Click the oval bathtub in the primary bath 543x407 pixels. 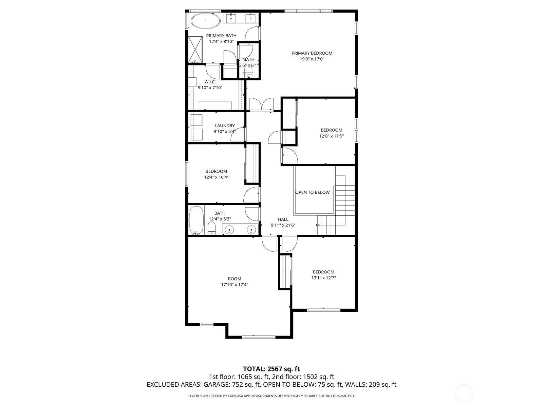(x=205, y=21)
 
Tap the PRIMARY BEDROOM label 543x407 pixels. (x=312, y=53)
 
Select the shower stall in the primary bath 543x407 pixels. (x=195, y=50)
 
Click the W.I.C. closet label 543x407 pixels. (x=210, y=82)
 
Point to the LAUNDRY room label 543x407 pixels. (x=225, y=125)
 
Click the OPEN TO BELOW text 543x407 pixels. (x=313, y=192)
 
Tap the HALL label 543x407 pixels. (x=283, y=219)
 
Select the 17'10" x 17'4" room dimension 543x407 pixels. (x=235, y=285)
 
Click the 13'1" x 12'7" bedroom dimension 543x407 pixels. (x=323, y=278)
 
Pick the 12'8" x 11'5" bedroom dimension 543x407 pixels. (x=332, y=136)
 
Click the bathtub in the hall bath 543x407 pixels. (x=196, y=220)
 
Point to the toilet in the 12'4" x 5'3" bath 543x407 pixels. (x=211, y=228)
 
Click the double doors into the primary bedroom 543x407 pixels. (x=262, y=104)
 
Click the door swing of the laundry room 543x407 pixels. (x=238, y=134)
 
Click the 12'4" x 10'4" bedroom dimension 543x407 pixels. (x=216, y=177)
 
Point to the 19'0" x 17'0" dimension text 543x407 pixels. (x=312, y=59)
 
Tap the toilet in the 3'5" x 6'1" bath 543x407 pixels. (x=248, y=73)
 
